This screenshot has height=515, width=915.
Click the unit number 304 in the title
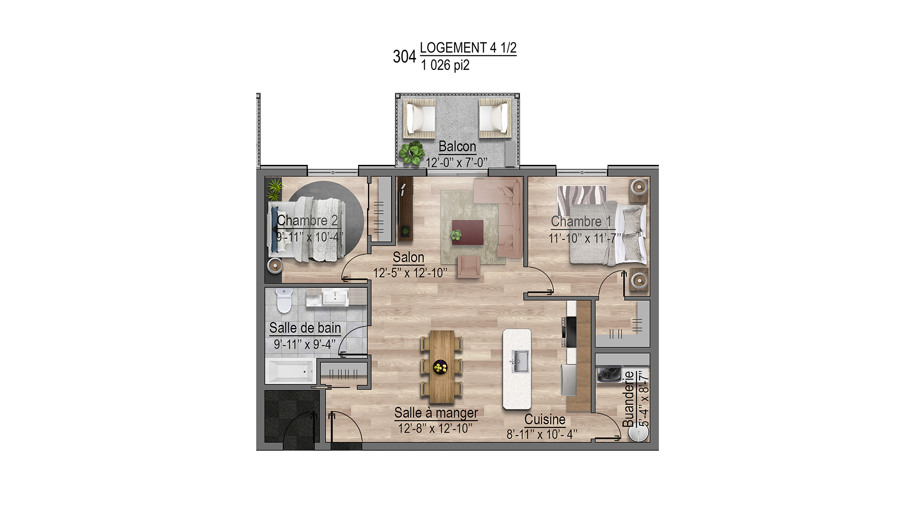404,57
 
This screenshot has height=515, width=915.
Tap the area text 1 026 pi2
445,65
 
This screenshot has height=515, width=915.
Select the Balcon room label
457,146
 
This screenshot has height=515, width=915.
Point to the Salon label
408,257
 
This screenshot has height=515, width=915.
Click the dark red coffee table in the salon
468,232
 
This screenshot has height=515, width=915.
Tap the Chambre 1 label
581,221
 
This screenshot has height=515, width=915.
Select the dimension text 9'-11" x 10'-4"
310,237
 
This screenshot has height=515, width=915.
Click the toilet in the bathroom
284,300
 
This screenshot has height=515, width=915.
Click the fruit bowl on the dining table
440,367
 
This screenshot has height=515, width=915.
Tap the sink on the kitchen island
519,361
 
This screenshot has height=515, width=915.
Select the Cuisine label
545,419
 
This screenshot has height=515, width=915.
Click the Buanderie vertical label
628,399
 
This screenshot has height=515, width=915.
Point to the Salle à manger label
436,413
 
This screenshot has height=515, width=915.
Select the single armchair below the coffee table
468,267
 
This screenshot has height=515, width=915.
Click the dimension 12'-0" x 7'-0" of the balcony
456,163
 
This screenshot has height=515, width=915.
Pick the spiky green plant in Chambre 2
275,189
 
